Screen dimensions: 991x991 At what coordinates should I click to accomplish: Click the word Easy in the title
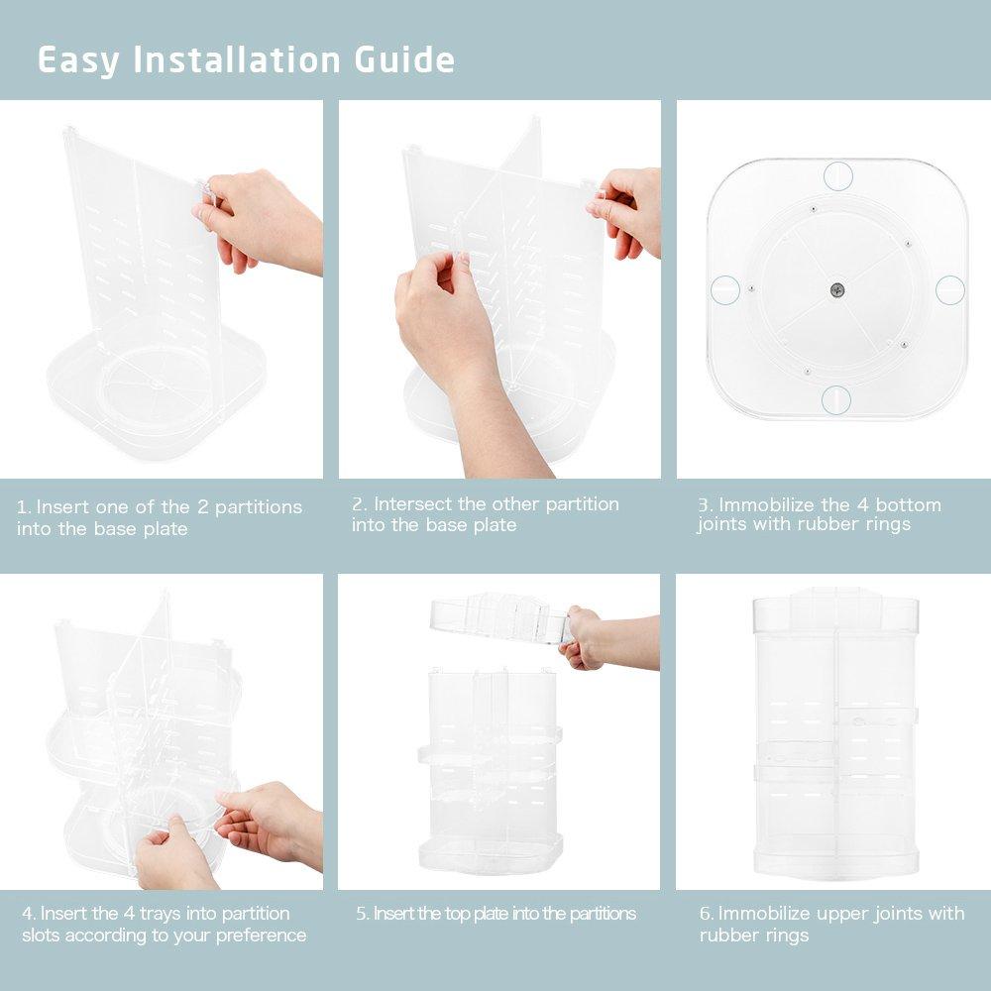coord(79,60)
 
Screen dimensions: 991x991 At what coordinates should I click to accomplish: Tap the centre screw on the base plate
coord(837,288)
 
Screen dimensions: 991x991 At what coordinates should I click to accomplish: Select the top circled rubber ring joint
coord(837,175)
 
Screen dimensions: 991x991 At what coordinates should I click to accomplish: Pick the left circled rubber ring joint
coord(723,289)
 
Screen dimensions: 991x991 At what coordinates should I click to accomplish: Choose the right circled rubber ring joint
coord(950,289)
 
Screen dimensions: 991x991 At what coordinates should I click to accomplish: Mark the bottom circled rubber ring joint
coord(837,400)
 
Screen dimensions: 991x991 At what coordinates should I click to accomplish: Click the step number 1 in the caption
coord(22,507)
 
